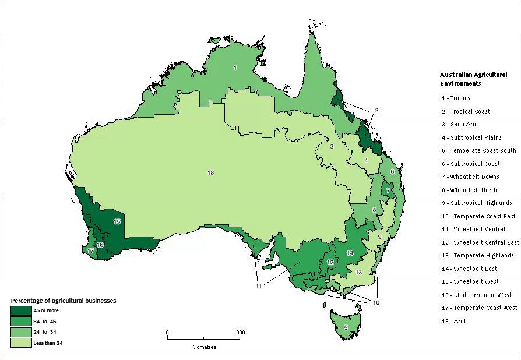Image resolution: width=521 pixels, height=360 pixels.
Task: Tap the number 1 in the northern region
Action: click(235, 68)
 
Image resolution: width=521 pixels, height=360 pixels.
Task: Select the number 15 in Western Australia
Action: click(117, 221)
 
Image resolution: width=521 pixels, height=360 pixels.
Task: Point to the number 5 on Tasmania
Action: click(346, 327)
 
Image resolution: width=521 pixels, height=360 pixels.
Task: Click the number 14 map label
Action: click(350, 253)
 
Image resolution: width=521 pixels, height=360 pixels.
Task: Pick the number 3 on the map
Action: click(331, 146)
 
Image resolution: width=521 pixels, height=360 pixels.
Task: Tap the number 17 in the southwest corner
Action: click(90, 250)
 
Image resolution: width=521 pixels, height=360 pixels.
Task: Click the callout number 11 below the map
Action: click(258, 286)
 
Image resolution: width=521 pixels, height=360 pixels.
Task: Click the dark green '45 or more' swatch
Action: click(21, 310)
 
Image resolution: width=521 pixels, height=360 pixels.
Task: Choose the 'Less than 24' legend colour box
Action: click(21, 343)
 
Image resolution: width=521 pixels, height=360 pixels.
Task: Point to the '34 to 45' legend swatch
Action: click(21, 322)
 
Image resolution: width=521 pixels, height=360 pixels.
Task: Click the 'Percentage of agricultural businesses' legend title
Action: click(64, 301)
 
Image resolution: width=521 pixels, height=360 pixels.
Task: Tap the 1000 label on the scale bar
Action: click(239, 333)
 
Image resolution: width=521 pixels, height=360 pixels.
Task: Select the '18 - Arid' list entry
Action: click(453, 321)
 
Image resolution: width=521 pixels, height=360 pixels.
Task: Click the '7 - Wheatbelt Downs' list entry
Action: click(470, 177)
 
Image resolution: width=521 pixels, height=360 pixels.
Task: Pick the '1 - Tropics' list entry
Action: click(456, 98)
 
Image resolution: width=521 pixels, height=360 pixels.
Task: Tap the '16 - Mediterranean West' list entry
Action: click(476, 294)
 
